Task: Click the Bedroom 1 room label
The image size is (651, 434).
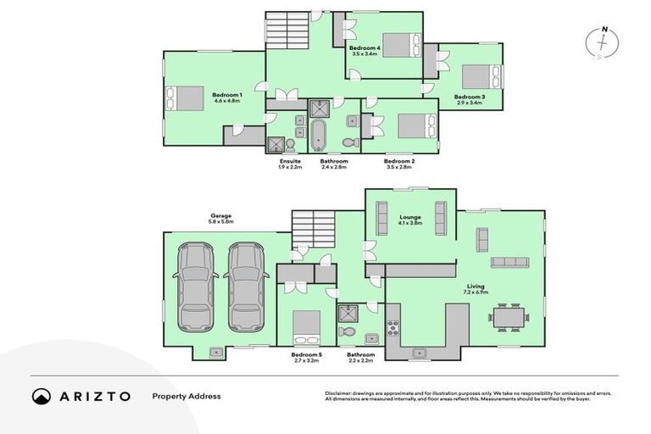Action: [x=227, y=94]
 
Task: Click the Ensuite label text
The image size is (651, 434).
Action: [x=290, y=161]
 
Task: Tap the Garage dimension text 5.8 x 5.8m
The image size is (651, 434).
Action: [x=221, y=222]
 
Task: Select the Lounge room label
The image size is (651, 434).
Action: [x=410, y=217]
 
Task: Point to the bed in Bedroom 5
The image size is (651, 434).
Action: [x=307, y=325]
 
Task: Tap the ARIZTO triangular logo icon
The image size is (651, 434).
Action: [x=42, y=396]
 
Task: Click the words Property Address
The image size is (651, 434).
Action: [x=186, y=396]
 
